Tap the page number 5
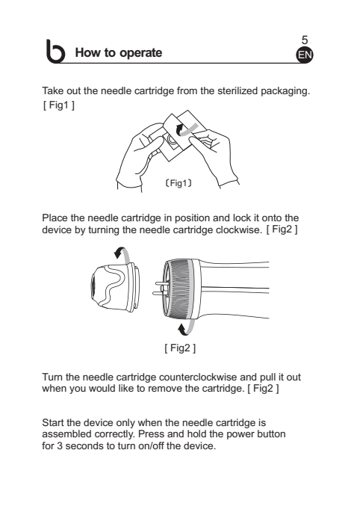[x=305, y=40]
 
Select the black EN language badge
[x=305, y=55]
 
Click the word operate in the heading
[x=141, y=53]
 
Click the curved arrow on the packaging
[x=186, y=129]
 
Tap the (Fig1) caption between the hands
[x=179, y=183]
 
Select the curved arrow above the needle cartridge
[x=122, y=254]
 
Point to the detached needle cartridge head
[x=115, y=288]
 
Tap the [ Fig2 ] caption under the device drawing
[x=180, y=348]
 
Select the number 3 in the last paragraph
[x=60, y=446]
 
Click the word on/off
[x=151, y=446]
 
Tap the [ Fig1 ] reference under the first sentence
[x=59, y=105]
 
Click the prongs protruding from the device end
[x=160, y=288]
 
